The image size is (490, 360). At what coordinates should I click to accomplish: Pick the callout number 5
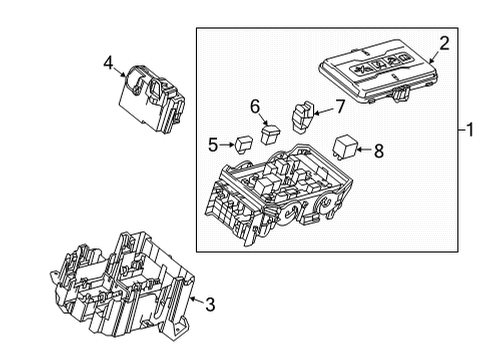213,145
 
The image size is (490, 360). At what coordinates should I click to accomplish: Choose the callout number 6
255,106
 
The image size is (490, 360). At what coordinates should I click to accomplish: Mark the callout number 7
340,106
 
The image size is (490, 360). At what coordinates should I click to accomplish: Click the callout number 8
379,152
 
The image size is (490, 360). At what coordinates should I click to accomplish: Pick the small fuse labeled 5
243,143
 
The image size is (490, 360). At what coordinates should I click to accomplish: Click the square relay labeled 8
345,147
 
